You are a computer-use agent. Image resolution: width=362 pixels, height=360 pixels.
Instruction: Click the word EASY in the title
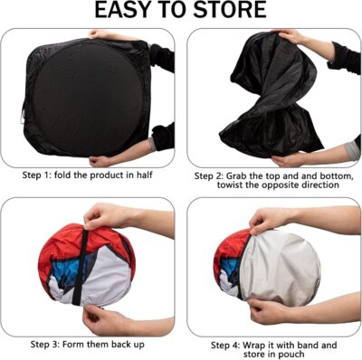point(130,12)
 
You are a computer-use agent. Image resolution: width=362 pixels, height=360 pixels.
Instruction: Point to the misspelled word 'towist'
point(213,185)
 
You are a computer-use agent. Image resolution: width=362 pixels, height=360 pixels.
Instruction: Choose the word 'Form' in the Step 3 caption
point(88,344)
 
